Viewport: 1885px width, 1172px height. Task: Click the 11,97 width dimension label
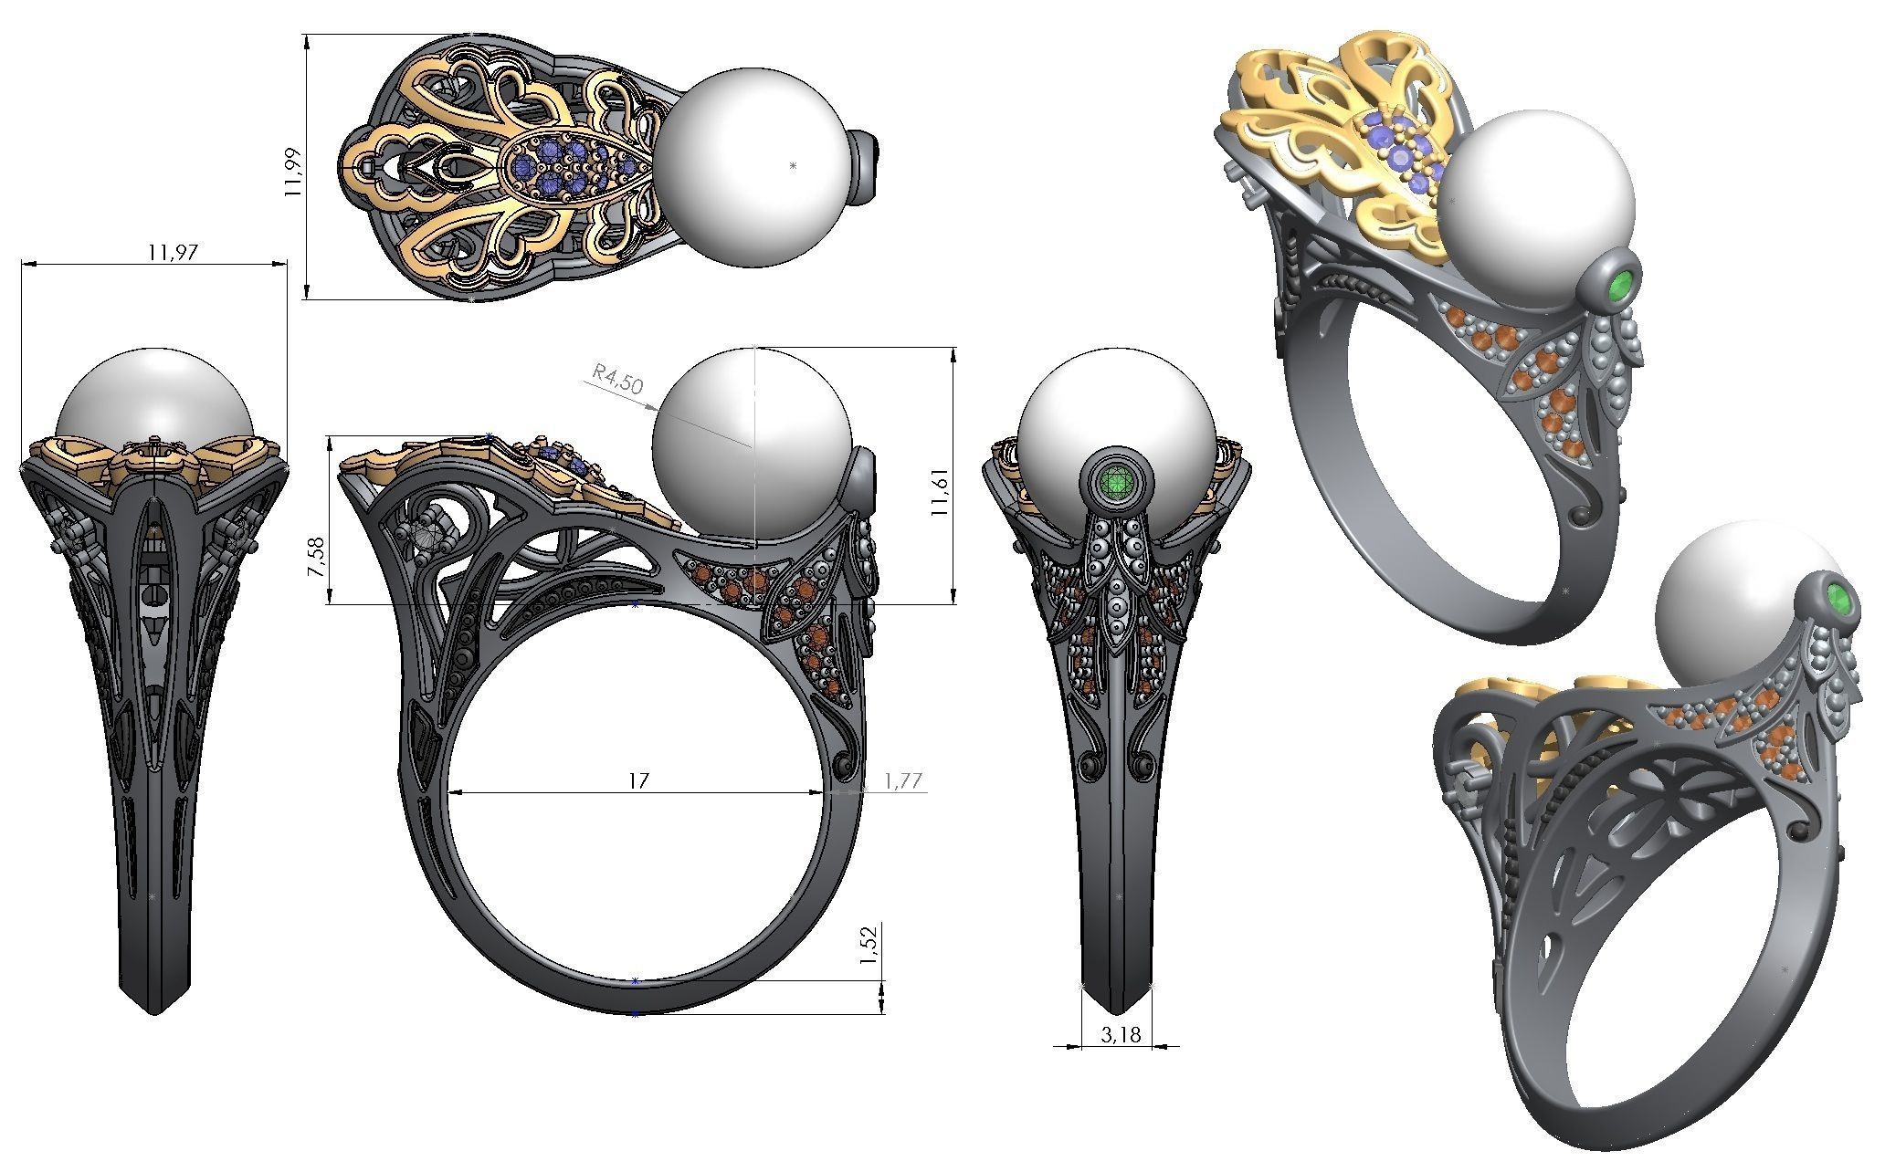pyautogui.click(x=173, y=253)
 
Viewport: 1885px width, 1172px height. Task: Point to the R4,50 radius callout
pyautogui.click(x=617, y=378)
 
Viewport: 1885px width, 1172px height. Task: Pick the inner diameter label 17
pyautogui.click(x=638, y=780)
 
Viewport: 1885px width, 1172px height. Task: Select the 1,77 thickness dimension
pyautogui.click(x=902, y=780)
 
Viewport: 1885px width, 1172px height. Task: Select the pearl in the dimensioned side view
pyautogui.click(x=753, y=445)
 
